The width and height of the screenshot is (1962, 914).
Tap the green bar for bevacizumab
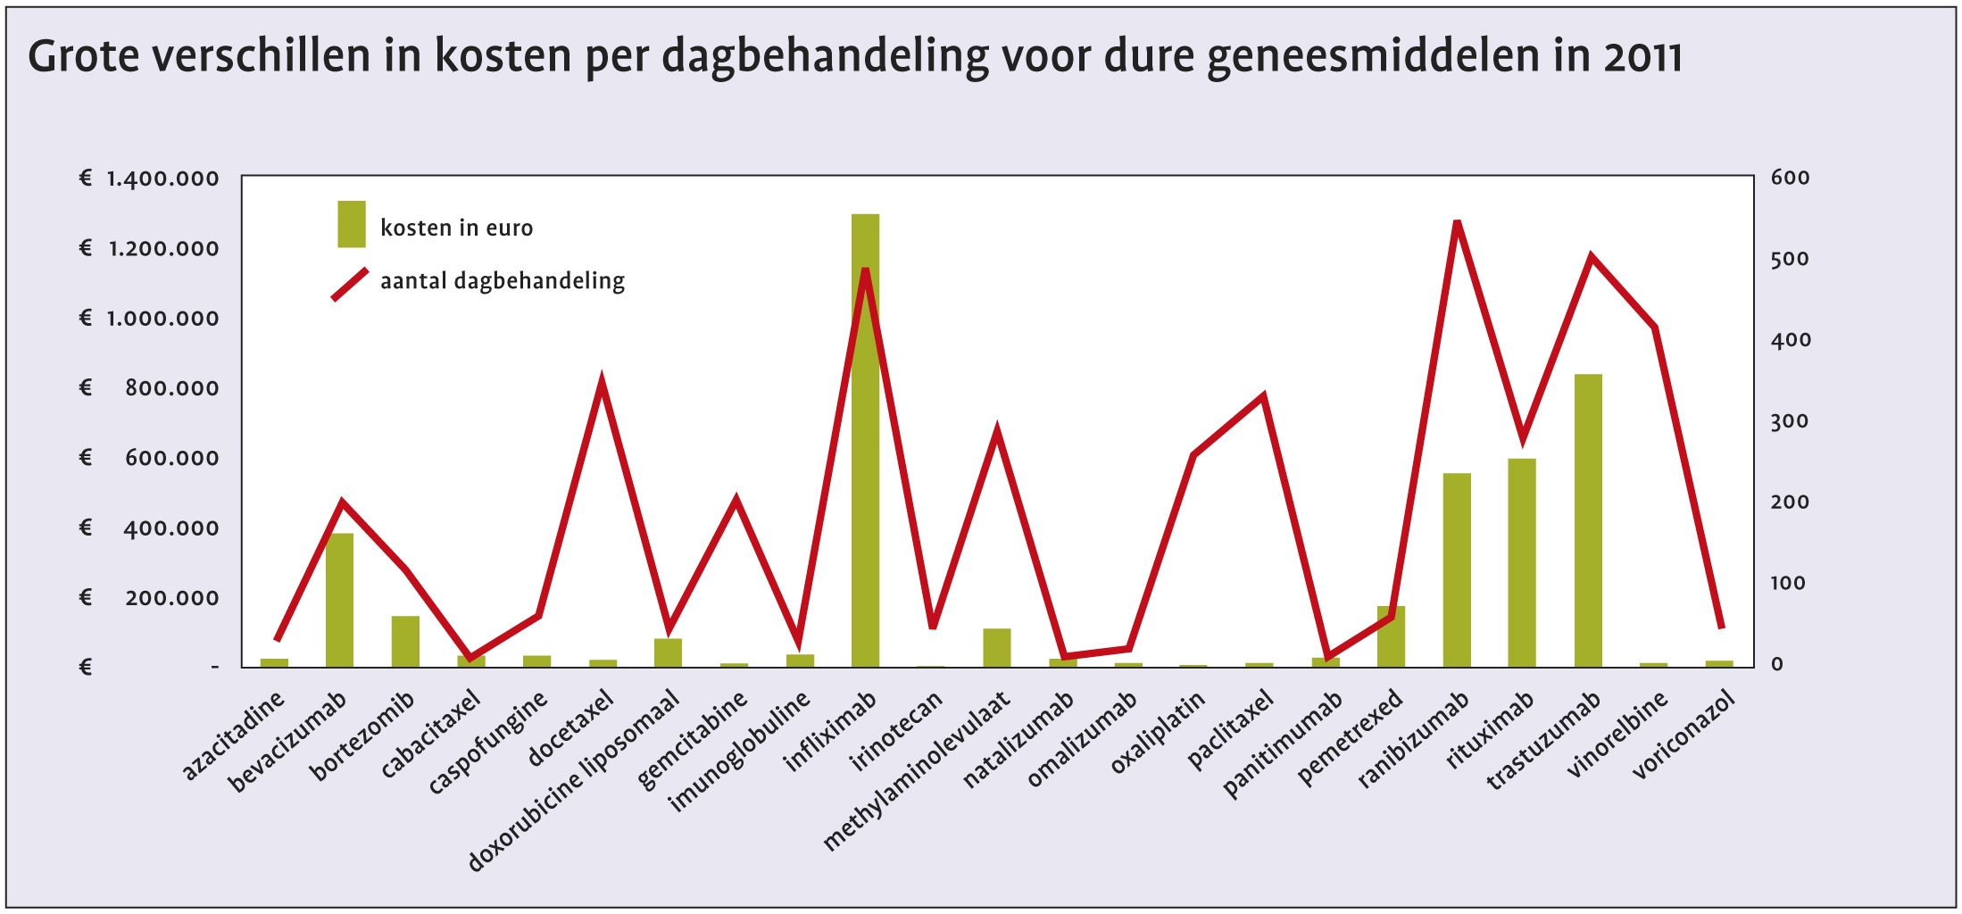point(339,600)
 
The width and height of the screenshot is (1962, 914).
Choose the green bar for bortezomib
point(405,641)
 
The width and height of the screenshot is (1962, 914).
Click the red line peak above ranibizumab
point(1457,222)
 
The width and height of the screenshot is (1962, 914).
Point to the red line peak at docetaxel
point(603,383)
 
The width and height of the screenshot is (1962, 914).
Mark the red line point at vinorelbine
point(1654,328)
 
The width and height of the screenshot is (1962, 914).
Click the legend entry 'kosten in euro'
point(456,228)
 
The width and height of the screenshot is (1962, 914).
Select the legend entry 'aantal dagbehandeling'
point(502,281)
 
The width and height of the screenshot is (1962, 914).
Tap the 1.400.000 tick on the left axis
point(162,179)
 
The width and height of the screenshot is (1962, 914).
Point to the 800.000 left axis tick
point(171,388)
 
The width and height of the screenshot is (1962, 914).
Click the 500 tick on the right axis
point(1790,260)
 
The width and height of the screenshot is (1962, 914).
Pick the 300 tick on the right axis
point(1790,421)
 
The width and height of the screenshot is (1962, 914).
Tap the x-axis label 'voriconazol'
point(1684,735)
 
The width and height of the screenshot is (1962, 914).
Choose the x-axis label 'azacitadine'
point(233,736)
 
